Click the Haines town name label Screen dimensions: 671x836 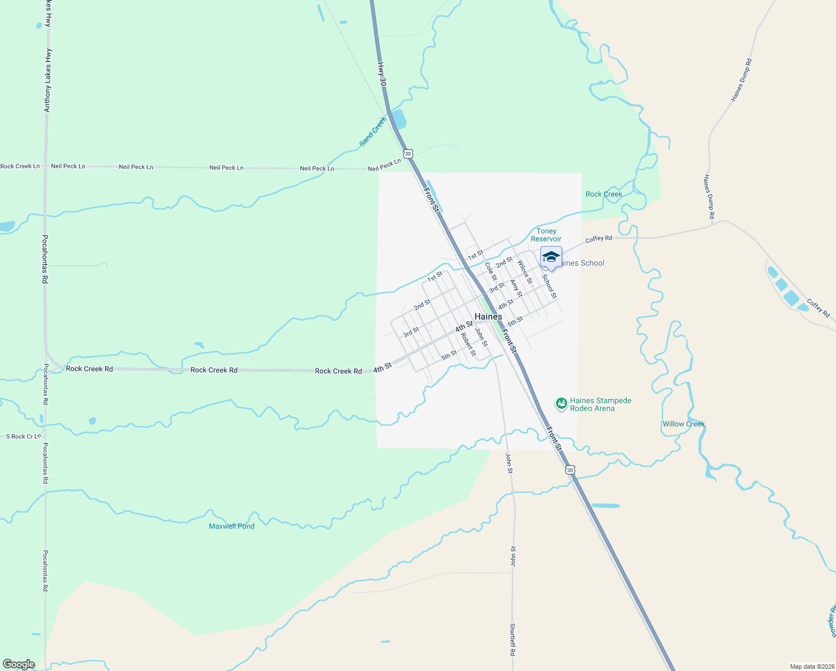(x=488, y=316)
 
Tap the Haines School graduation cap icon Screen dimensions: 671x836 (x=551, y=257)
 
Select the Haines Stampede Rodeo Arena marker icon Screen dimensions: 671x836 (x=562, y=403)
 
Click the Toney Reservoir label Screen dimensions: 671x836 (x=546, y=235)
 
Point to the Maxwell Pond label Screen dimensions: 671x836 (x=231, y=526)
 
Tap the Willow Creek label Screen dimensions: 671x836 (x=683, y=424)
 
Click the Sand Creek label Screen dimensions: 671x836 (x=373, y=131)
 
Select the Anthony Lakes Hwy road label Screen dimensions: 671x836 (x=48, y=80)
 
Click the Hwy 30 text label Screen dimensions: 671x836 (x=382, y=73)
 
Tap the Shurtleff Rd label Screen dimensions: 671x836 (x=512, y=639)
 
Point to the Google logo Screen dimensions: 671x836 (x=18, y=664)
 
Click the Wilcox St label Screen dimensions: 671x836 (x=525, y=272)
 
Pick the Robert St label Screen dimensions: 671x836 (x=468, y=344)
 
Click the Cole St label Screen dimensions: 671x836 (x=491, y=271)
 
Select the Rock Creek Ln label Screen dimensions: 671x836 (x=20, y=166)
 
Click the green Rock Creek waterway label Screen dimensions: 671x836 (x=604, y=194)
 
